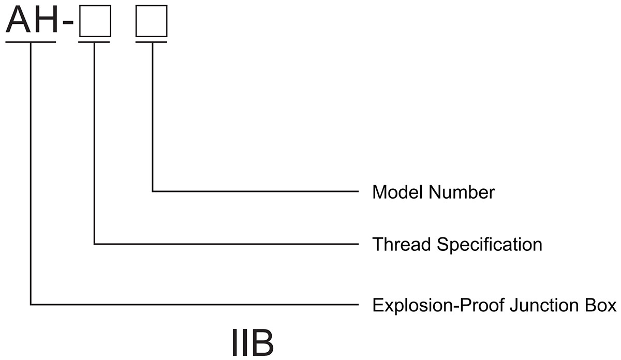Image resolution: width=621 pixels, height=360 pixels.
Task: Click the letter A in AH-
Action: pos(18,21)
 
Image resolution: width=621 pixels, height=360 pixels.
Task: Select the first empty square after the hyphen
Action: pos(94,22)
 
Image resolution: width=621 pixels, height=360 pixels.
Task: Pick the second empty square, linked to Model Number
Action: pos(151,22)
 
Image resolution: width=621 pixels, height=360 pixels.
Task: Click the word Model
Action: pos(396,192)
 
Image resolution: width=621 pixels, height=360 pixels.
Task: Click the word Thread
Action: pos(402,244)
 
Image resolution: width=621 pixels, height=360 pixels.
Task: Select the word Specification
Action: pos(489,245)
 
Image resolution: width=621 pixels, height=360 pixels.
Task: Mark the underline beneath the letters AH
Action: pos(31,42)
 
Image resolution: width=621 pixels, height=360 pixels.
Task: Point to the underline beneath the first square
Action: pos(94,42)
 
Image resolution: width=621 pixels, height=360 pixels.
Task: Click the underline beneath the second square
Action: pos(151,42)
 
